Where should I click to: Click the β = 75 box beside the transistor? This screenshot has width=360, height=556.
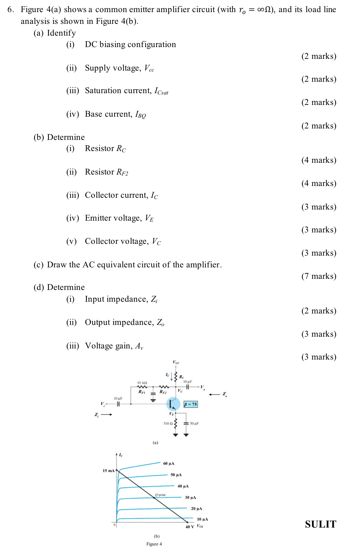pyautogui.click(x=190, y=404)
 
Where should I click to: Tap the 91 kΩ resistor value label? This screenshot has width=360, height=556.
pyautogui.click(x=142, y=383)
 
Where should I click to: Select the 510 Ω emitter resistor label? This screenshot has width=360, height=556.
pyautogui.click(x=168, y=424)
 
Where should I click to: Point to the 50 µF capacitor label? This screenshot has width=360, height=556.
pyautogui.click(x=194, y=424)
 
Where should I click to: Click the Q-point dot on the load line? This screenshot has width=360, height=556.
pyautogui.click(x=155, y=498)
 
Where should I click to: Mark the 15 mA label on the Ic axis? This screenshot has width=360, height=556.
pyautogui.click(x=108, y=471)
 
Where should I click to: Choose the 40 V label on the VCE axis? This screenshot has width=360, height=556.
pyautogui.click(x=190, y=527)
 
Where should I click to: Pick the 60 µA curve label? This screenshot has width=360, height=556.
pyautogui.click(x=169, y=463)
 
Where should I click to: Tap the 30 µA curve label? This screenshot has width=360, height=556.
pyautogui.click(x=190, y=497)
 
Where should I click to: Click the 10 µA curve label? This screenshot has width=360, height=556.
pyautogui.click(x=203, y=519)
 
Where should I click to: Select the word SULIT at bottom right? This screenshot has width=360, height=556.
pyautogui.click(x=320, y=524)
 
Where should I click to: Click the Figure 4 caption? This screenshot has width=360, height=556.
pyautogui.click(x=154, y=544)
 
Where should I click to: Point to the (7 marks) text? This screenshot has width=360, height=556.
pyautogui.click(x=319, y=276)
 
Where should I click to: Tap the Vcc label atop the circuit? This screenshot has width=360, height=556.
pyautogui.click(x=176, y=362)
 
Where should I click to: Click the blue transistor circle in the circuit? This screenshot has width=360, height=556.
pyautogui.click(x=173, y=404)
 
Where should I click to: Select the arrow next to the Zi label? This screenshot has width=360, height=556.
pyautogui.click(x=106, y=414)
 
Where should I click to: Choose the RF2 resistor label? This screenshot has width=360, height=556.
pyautogui.click(x=163, y=392)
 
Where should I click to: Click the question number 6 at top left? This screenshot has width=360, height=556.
pyautogui.click(x=10, y=9)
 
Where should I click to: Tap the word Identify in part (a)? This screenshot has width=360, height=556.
pyautogui.click(x=61, y=33)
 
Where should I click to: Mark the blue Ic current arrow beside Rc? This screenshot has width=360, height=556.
pyautogui.click(x=172, y=377)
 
